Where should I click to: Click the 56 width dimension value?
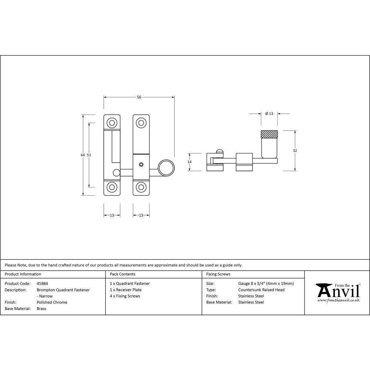(139, 97)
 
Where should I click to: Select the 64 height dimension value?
(83, 155)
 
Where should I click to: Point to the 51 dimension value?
(89, 155)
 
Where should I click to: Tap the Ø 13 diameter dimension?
(269, 114)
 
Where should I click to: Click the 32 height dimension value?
(295, 151)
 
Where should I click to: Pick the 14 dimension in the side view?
(189, 162)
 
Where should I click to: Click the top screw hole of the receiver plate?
(111, 122)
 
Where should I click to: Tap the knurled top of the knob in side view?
(269, 134)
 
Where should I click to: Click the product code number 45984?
(43, 283)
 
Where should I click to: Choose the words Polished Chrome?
(52, 302)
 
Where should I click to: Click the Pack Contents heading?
(122, 274)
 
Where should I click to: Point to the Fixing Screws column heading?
(218, 274)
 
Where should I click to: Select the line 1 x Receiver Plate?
(126, 290)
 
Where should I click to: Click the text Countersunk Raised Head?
(261, 290)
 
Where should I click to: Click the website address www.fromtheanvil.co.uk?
(338, 300)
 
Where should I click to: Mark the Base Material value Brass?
(41, 308)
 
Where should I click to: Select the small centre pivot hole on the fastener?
(141, 164)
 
